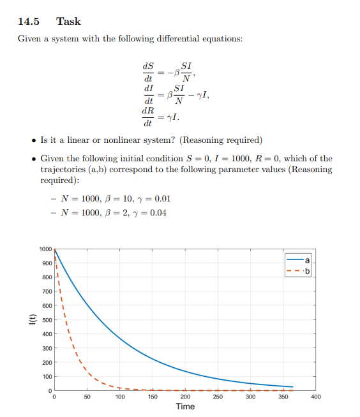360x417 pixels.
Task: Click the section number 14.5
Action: (29, 22)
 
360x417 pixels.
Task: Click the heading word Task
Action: (68, 22)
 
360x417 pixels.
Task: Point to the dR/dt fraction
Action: (148, 117)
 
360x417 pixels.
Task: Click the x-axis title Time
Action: (185, 406)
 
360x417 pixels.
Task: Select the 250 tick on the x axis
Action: (218, 397)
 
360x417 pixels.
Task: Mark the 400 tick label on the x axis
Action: (316, 397)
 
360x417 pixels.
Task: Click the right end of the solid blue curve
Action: (292, 387)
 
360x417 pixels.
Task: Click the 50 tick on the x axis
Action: (87, 397)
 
